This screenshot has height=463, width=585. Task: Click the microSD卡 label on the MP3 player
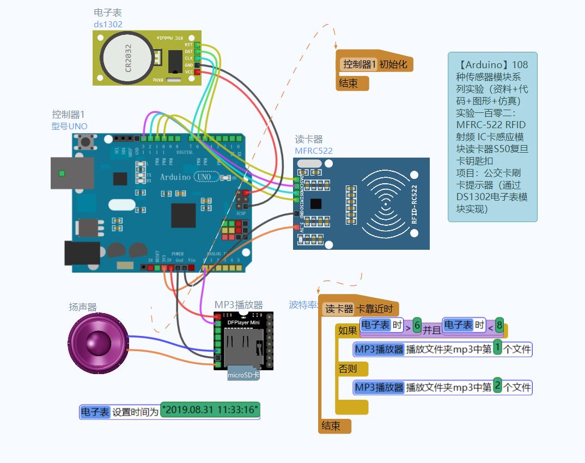pos(243,375)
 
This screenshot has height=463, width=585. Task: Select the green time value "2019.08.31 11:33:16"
pos(210,410)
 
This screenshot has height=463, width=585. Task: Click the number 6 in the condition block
pos(417,325)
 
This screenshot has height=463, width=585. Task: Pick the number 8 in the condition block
pos(499,325)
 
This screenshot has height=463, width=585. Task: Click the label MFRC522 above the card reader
pos(314,151)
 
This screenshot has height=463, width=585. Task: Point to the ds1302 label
pos(108,25)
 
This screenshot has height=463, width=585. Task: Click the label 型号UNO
pos(69,126)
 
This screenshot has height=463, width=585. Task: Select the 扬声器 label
pos(82,307)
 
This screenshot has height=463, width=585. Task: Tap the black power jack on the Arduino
pos(82,253)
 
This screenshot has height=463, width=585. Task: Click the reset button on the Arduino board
pos(85,142)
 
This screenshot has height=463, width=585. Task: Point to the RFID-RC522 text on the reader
pos(415,204)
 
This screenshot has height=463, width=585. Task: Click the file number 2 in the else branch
pos(497,387)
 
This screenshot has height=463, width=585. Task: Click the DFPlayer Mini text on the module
pos(243,322)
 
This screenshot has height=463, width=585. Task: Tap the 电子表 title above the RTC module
pos(108,13)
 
